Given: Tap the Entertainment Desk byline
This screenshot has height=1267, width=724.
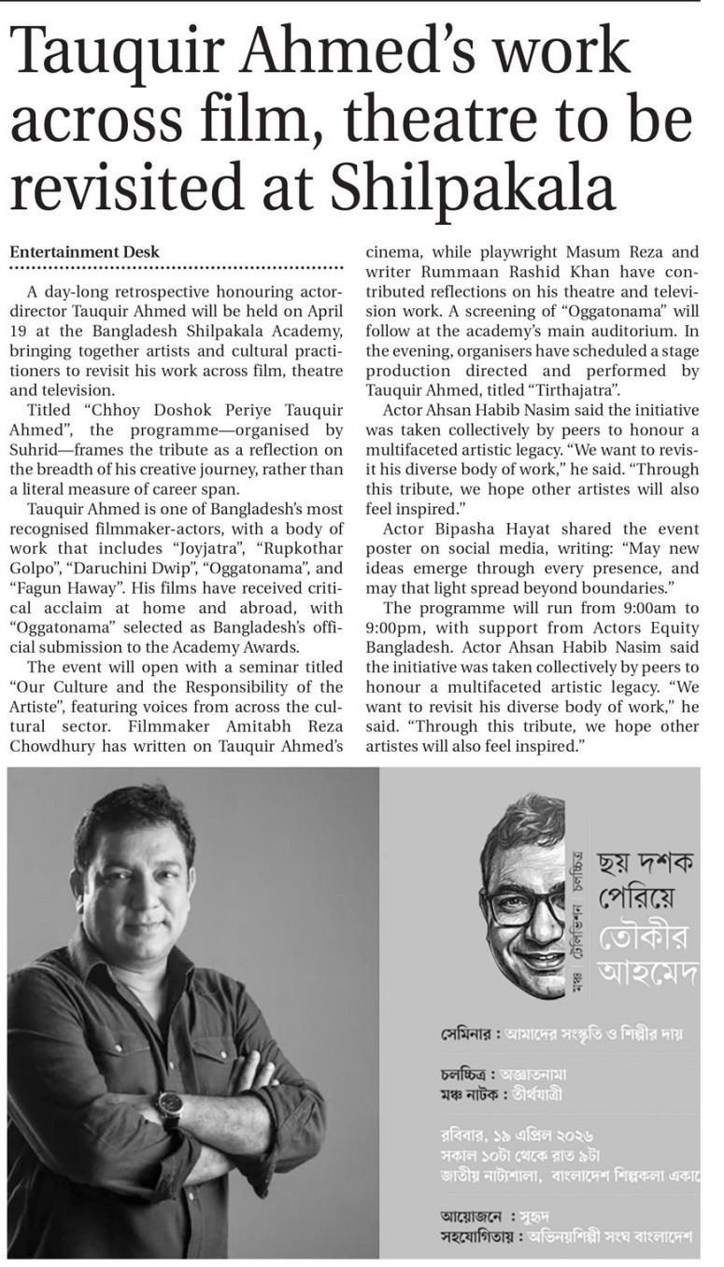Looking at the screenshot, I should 84,252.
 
